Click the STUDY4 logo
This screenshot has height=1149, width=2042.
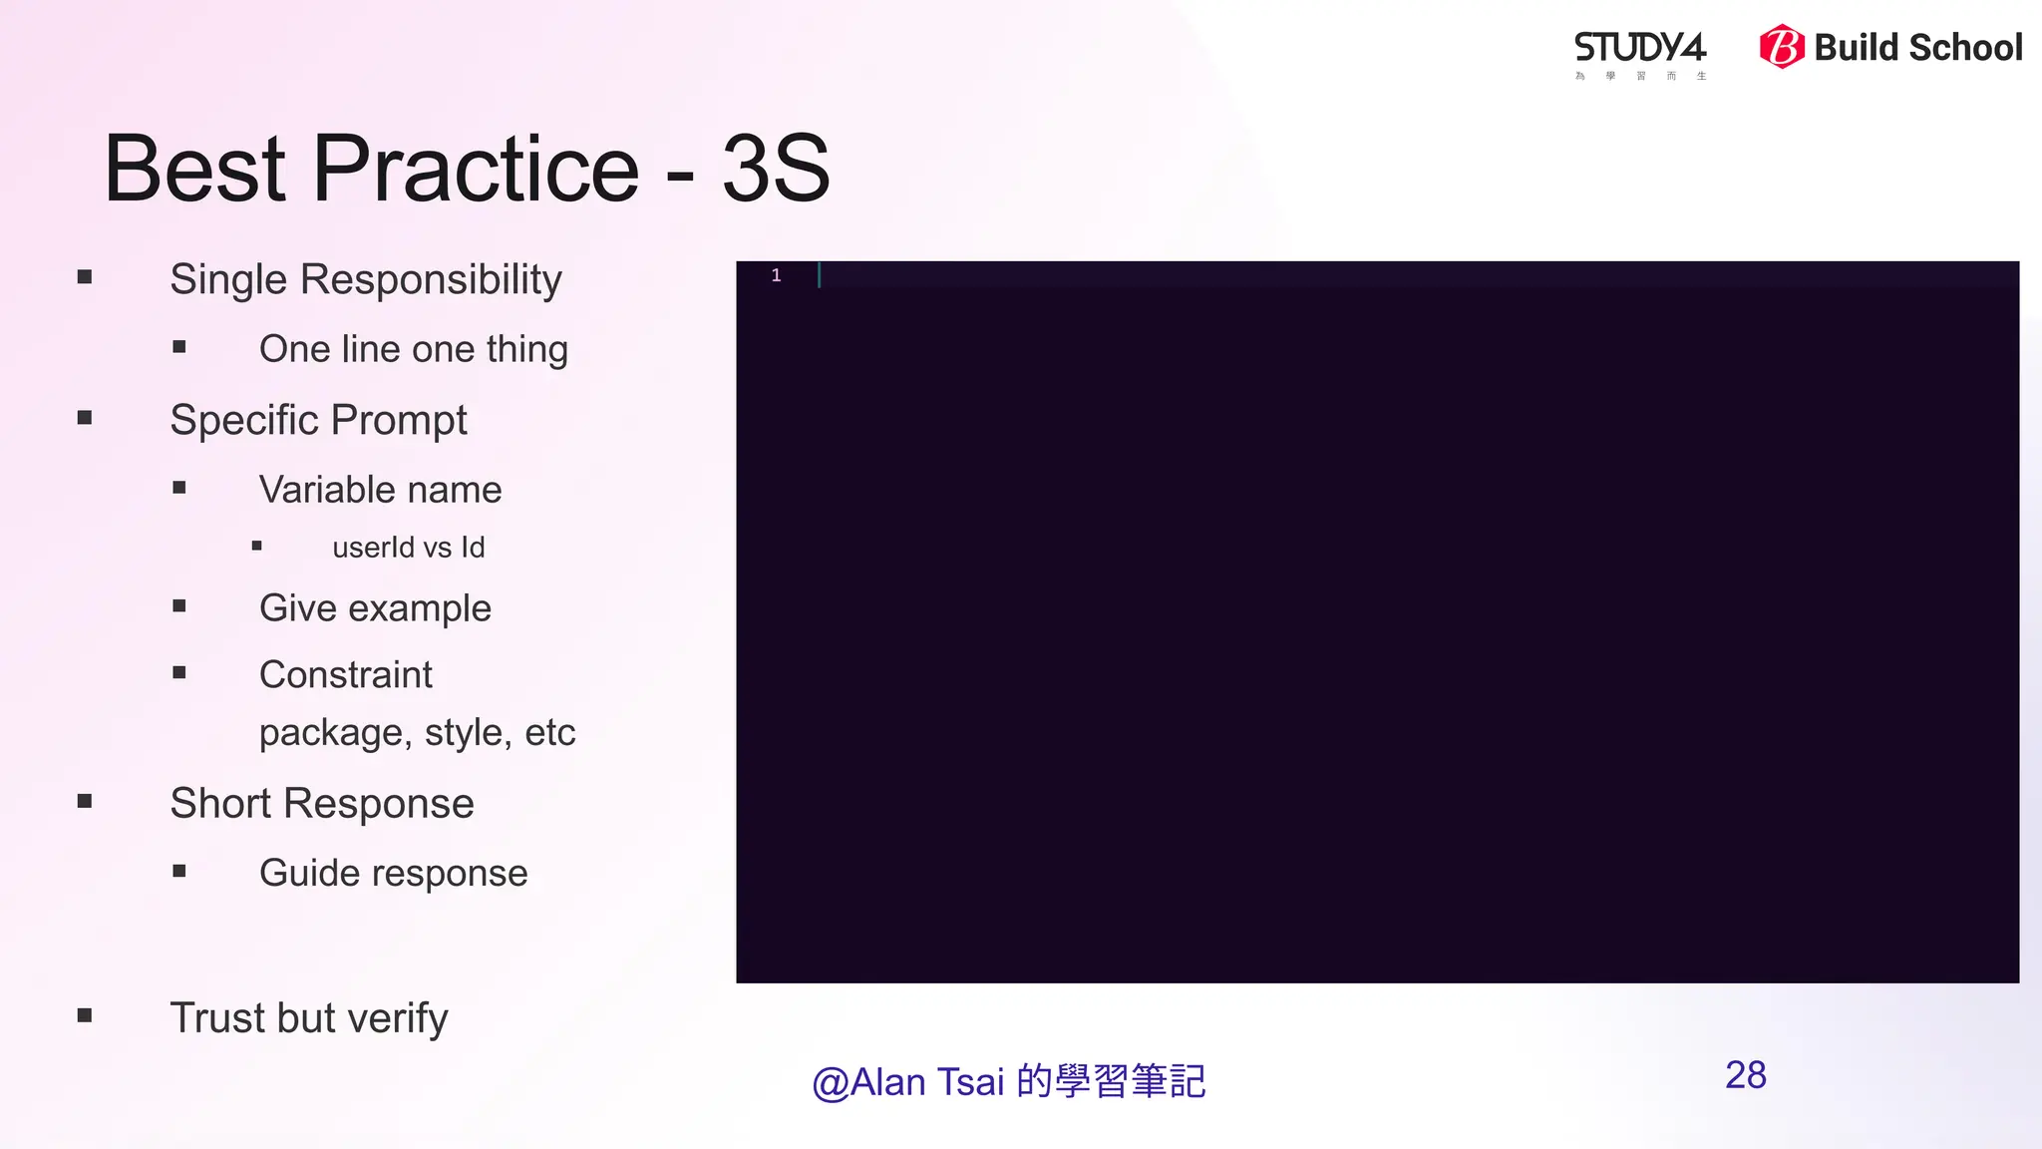(x=1640, y=49)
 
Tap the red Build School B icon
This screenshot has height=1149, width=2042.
(x=1782, y=47)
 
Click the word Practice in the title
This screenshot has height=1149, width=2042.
(x=476, y=169)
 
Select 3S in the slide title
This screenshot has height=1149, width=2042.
(x=776, y=169)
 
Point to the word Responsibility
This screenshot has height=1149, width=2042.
(x=431, y=280)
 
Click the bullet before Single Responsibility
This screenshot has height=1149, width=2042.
(x=85, y=277)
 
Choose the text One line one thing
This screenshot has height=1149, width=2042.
(x=413, y=349)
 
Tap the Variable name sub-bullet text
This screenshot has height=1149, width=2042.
(x=380, y=490)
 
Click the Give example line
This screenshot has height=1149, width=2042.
(x=375, y=608)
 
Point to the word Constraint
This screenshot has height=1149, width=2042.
(x=345, y=675)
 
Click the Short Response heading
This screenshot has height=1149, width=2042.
(x=321, y=804)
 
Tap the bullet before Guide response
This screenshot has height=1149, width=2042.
(x=179, y=872)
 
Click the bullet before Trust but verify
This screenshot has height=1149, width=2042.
(x=85, y=1016)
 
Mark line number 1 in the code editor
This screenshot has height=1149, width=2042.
(x=776, y=275)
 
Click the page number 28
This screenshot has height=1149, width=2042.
(x=1745, y=1075)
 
